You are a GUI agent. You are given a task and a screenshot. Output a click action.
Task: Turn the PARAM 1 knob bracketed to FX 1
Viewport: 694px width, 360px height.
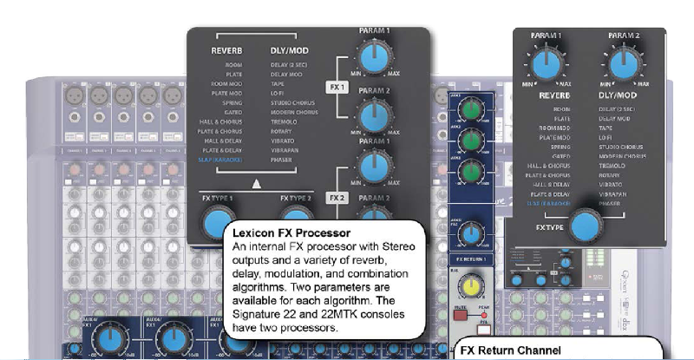(x=375, y=57)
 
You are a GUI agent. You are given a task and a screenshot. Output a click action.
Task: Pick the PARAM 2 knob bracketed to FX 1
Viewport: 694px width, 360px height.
(x=375, y=114)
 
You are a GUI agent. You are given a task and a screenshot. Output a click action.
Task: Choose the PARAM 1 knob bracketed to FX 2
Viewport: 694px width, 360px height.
(x=375, y=166)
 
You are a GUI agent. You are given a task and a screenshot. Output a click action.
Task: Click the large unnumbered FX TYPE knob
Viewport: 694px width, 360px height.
(x=586, y=223)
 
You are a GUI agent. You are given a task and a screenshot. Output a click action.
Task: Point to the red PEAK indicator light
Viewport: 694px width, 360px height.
(x=484, y=314)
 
